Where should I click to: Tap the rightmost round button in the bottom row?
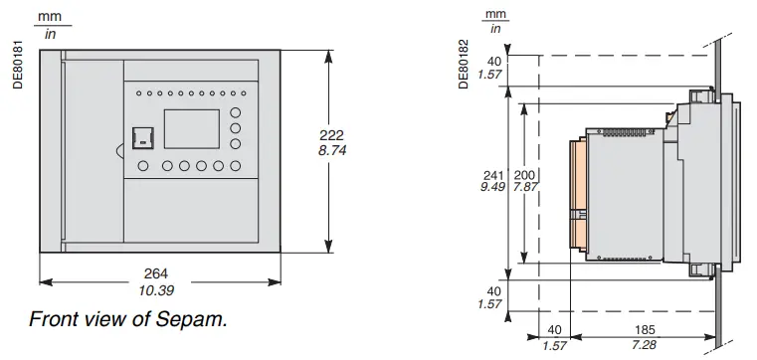click(x=236, y=166)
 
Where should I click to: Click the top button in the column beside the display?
click(x=236, y=111)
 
